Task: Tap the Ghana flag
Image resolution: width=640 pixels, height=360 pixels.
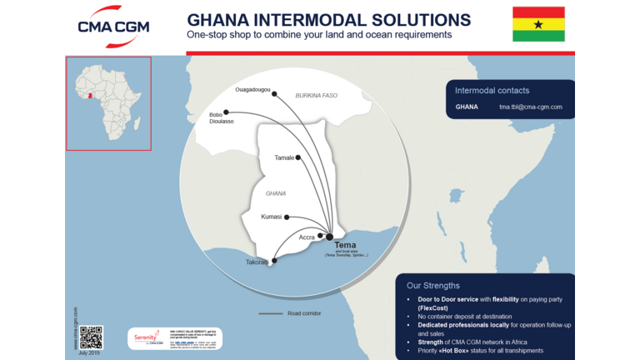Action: (537, 24)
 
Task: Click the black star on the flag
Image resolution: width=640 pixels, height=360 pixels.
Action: (537, 24)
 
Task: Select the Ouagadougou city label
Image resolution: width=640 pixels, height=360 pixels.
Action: (253, 89)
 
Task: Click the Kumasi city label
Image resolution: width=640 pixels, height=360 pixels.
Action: (272, 217)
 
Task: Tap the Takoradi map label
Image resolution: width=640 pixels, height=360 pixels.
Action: (257, 262)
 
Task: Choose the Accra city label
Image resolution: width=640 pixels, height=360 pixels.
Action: (307, 237)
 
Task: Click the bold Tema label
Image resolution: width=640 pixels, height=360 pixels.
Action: (345, 245)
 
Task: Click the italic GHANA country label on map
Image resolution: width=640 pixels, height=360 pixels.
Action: (275, 193)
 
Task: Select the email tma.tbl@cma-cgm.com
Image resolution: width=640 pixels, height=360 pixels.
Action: (531, 107)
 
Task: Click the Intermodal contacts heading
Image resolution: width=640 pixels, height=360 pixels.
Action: (492, 90)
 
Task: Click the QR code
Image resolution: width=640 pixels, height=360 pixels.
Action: (91, 337)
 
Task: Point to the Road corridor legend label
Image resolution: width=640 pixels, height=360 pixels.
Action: (304, 313)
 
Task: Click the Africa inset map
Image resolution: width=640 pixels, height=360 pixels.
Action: (108, 103)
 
